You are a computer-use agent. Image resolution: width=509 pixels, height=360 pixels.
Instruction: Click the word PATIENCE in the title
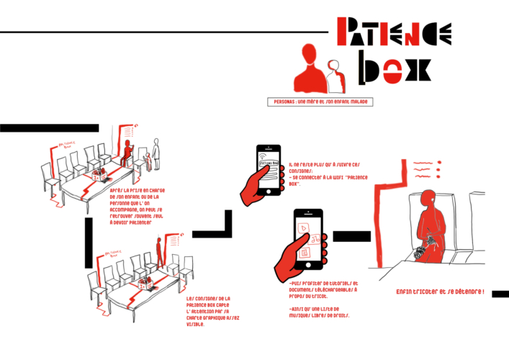(x=394, y=32)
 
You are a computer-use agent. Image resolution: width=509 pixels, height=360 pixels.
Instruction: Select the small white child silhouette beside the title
(x=333, y=76)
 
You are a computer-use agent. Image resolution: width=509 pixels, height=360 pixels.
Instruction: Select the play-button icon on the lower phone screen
(x=305, y=228)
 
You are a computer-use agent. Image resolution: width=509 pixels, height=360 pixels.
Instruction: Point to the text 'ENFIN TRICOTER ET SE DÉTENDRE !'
(x=441, y=292)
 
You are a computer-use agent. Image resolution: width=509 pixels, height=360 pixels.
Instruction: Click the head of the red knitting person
(x=431, y=196)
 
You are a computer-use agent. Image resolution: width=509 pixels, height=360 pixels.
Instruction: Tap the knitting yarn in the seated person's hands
(x=420, y=251)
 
